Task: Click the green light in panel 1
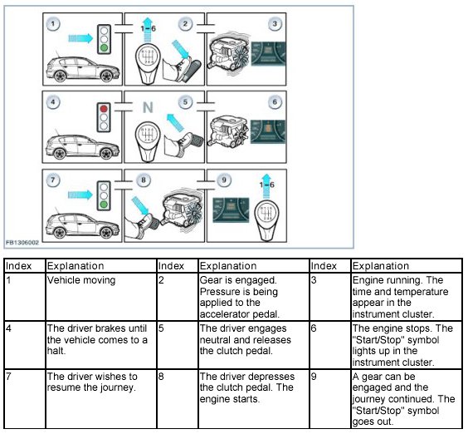tap(104, 47)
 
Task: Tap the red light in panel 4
tap(104, 109)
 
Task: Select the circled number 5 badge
tap(185, 102)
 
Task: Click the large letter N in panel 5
tap(148, 107)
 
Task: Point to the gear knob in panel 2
tap(148, 64)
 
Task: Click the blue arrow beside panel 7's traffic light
tap(80, 195)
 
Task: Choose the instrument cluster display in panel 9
tap(231, 210)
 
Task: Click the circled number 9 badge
tap(224, 180)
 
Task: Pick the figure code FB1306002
tap(22, 243)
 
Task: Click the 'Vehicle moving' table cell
tap(101, 297)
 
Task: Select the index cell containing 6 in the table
tap(330, 345)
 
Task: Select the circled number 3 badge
tap(275, 24)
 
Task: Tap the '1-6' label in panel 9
tap(266, 185)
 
